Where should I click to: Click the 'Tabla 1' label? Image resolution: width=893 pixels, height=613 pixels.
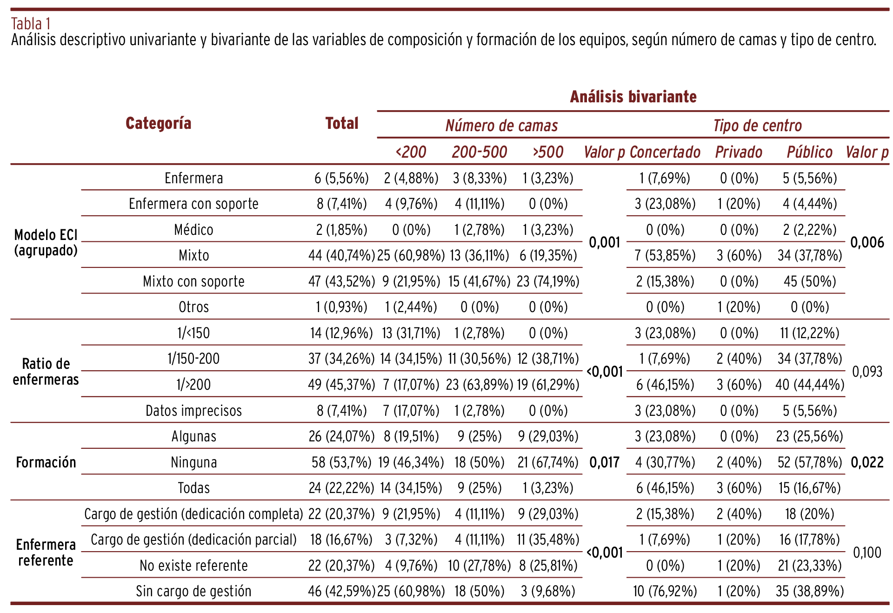[31, 24]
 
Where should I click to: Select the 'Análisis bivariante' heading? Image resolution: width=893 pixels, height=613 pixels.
[633, 97]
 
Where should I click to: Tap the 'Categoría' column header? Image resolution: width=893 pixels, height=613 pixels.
[158, 123]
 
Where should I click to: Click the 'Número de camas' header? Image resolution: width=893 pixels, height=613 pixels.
[501, 126]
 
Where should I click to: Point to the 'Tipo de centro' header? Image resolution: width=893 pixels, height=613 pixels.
[757, 126]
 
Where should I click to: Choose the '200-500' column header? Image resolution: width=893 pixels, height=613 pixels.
[479, 152]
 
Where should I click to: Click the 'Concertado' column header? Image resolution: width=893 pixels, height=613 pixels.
[665, 152]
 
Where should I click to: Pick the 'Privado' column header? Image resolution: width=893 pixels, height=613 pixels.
[739, 152]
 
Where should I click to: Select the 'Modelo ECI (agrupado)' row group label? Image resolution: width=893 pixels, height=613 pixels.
[46, 243]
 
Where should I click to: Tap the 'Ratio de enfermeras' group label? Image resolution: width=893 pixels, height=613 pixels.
[46, 372]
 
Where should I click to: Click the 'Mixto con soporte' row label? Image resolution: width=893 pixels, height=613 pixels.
[193, 281]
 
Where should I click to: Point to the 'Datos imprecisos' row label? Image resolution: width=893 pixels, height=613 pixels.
[193, 411]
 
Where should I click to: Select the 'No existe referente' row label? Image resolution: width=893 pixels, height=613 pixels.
[193, 566]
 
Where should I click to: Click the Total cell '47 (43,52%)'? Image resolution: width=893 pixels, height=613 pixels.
[341, 281]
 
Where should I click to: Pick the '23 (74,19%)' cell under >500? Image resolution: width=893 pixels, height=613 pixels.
[548, 281]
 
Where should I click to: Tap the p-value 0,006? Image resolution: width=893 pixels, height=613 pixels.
[866, 242]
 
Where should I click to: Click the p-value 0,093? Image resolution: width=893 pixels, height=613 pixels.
[866, 372]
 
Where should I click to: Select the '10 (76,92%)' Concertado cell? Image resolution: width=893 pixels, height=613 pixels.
[665, 591]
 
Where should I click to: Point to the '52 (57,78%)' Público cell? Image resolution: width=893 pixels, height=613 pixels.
[810, 462]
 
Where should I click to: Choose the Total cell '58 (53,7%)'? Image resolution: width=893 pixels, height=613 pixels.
[341, 462]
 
